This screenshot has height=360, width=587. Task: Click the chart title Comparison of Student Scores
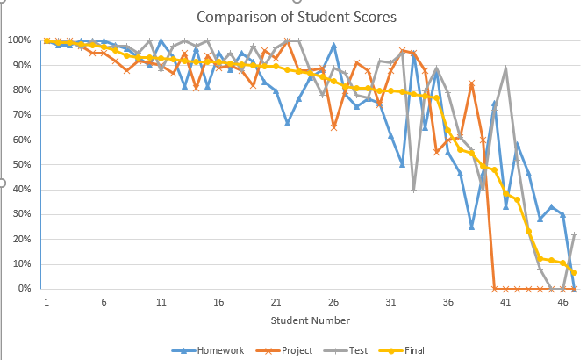coord(297,17)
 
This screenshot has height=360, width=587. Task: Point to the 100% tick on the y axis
coord(19,40)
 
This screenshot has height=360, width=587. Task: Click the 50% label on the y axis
coord(22,164)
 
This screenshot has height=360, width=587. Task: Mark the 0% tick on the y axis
coord(25,288)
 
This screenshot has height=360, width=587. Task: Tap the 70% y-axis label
coord(22,115)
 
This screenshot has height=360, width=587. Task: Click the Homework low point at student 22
coord(287,123)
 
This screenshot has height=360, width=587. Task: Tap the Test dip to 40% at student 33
coord(413,189)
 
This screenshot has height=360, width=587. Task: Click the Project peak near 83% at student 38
coord(471,83)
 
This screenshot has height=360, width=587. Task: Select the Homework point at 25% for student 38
coord(471,227)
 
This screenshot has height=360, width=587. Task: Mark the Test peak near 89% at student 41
coord(505,68)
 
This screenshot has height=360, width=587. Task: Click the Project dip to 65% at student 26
coord(333,127)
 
